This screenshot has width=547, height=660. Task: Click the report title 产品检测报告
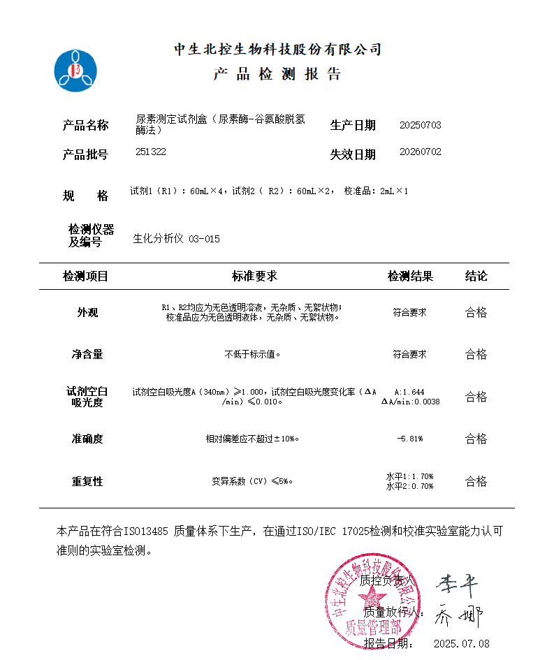[x=277, y=75]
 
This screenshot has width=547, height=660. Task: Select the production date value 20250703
[x=420, y=125]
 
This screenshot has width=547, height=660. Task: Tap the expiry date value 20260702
[x=420, y=152]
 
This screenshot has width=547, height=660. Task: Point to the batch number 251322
[x=151, y=152]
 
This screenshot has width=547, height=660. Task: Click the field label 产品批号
[x=85, y=154]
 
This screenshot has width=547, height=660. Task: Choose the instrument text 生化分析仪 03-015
[x=176, y=239]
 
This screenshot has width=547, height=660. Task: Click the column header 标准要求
[x=254, y=276]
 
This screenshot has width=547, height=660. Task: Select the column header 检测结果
[x=410, y=276]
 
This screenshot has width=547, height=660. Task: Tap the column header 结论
[x=476, y=276]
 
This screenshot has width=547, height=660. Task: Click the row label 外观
[x=87, y=312]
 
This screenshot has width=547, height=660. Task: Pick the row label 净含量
[x=87, y=354]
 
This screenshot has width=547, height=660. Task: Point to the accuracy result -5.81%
[x=409, y=439]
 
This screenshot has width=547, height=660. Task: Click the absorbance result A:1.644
[x=409, y=392]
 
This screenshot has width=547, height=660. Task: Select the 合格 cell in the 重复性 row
[x=476, y=481]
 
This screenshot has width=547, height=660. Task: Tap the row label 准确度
[x=87, y=439]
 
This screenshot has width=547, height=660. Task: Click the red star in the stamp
[x=372, y=597]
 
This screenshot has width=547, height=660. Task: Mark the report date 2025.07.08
[x=461, y=643]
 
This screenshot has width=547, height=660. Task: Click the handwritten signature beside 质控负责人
[x=458, y=581]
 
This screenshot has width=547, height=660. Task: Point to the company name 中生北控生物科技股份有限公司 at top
[x=277, y=50]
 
